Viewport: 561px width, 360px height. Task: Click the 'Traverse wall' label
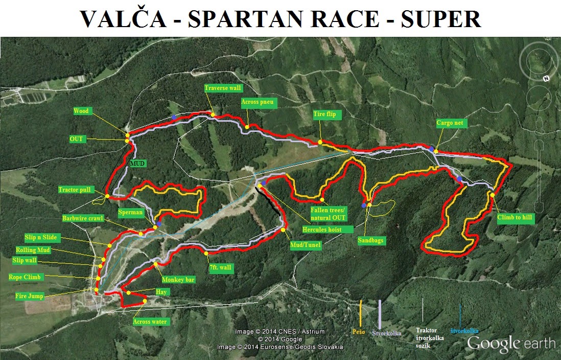(x=223, y=88)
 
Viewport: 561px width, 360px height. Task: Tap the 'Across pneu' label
(x=258, y=102)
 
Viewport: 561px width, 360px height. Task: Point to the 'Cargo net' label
(x=450, y=123)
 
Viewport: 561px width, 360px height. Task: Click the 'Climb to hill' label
(x=515, y=217)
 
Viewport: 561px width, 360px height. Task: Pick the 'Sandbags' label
(x=371, y=240)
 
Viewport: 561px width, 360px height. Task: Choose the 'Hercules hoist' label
(x=321, y=230)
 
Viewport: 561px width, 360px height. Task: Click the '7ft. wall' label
(x=220, y=267)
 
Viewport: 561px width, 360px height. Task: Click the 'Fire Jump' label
(x=30, y=296)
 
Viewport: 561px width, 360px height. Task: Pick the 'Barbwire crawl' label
(x=83, y=218)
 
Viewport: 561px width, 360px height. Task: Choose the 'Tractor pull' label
(x=75, y=190)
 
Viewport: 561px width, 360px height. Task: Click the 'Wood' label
(x=81, y=111)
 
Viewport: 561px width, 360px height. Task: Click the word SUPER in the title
(x=440, y=19)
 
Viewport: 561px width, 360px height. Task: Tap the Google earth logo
(x=511, y=343)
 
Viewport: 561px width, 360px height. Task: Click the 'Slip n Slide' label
(x=41, y=237)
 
